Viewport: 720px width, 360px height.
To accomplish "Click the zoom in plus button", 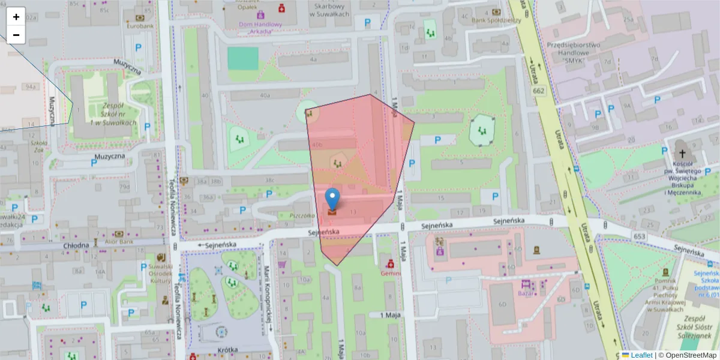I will (x=16, y=16).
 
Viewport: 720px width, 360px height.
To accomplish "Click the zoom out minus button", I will (x=16, y=35).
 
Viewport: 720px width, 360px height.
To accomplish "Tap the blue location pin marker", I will (x=332, y=199).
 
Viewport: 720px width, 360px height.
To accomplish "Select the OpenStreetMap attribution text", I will (x=688, y=355).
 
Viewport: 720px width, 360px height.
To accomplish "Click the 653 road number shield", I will (x=640, y=238).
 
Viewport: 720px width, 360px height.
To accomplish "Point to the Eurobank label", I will (x=139, y=26).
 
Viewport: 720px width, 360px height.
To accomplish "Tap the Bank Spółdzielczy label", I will (x=496, y=20).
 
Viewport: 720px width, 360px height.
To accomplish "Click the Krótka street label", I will (x=228, y=349).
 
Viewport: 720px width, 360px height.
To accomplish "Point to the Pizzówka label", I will (x=302, y=215).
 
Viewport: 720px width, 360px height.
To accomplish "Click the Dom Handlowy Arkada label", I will (x=260, y=28).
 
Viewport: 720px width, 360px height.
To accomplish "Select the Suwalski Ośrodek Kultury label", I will (x=160, y=274).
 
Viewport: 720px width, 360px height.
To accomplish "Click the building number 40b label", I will (x=317, y=145).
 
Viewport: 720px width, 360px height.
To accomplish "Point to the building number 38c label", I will (x=269, y=179).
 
